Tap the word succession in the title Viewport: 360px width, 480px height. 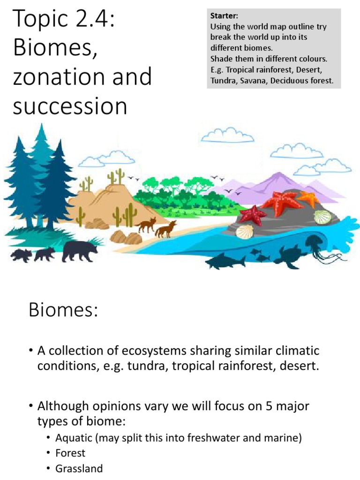point(70,106)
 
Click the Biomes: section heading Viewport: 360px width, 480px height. point(63,310)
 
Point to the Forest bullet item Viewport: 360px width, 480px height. point(70,453)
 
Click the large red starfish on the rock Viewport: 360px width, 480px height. point(281,202)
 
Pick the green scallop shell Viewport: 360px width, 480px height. point(322,217)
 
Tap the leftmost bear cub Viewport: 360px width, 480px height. point(22,255)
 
